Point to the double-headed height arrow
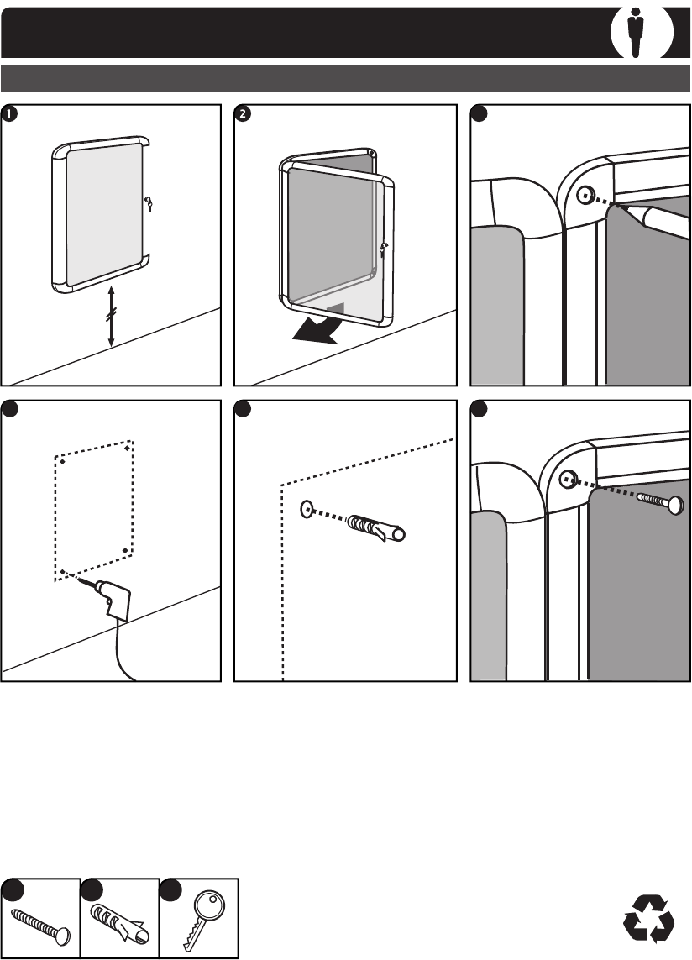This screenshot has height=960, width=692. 112,317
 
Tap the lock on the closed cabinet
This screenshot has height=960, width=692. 147,202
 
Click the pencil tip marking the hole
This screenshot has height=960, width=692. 623,205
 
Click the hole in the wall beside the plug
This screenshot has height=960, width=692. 307,508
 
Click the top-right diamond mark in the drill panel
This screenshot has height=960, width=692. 126,449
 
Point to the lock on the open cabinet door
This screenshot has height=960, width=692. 383,248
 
